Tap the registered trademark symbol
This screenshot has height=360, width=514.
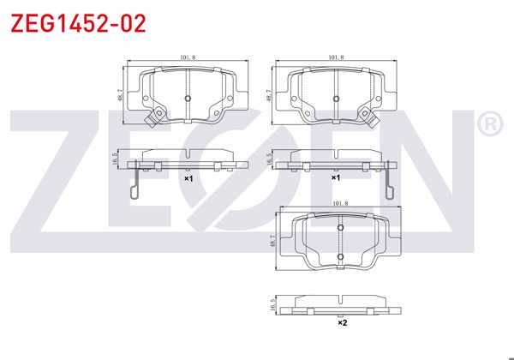click(489, 126)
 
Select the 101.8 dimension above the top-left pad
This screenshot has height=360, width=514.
click(189, 57)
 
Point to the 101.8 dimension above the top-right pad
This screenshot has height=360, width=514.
click(336, 57)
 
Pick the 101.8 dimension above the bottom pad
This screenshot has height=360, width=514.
click(339, 203)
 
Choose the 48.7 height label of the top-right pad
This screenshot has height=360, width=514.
click(269, 96)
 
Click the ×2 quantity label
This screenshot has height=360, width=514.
click(341, 323)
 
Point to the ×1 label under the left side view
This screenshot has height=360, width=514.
click(188, 178)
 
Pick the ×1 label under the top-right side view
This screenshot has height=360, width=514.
click(336, 178)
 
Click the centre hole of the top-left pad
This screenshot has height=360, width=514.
click(188, 99)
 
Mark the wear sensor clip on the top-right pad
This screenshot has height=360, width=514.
click(373, 117)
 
